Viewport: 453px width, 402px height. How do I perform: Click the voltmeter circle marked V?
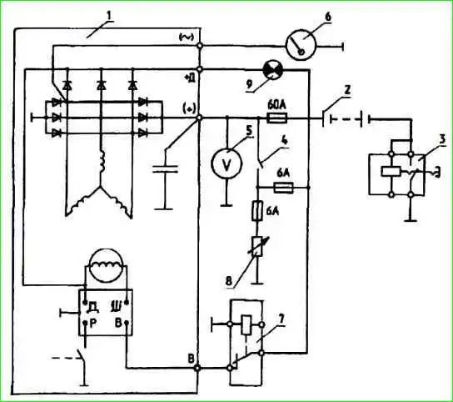[x=226, y=164]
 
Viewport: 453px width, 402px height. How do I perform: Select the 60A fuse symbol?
[x=276, y=118]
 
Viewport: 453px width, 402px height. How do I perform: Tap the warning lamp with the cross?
[x=273, y=70]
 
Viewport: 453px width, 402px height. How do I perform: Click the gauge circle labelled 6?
[x=301, y=45]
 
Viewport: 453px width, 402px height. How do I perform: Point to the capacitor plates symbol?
[x=165, y=169]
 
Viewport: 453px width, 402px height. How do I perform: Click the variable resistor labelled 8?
[x=257, y=246]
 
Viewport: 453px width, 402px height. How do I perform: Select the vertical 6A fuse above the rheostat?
[x=257, y=211]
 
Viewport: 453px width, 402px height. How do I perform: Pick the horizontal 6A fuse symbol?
[x=283, y=188]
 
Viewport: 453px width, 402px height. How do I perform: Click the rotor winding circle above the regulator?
[x=106, y=265]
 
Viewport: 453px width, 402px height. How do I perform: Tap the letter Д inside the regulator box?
[x=93, y=306]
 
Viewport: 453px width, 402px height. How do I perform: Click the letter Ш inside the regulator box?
[x=117, y=306]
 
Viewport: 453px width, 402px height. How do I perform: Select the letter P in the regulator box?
[x=93, y=324]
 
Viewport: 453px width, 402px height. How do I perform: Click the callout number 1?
[x=109, y=16]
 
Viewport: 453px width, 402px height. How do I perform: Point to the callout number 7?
[x=281, y=319]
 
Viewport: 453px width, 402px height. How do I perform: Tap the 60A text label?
[x=276, y=105]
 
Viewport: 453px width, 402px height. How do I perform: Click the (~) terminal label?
[x=187, y=37]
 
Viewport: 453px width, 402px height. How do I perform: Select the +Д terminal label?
[x=190, y=78]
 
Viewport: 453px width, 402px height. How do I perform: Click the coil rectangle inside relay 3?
[x=391, y=172]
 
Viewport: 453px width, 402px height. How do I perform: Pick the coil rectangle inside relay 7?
[x=246, y=325]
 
